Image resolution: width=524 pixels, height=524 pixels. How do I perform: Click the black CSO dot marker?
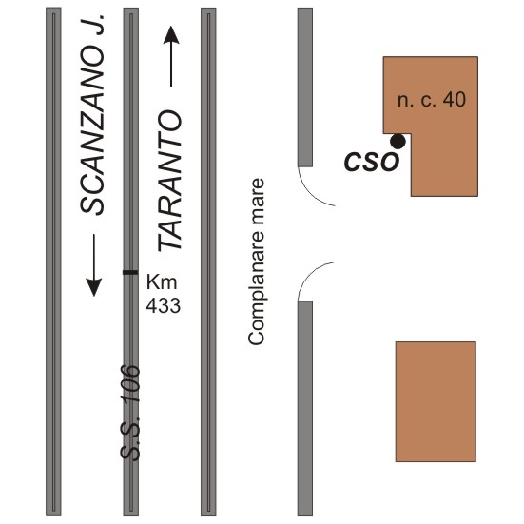(398, 142)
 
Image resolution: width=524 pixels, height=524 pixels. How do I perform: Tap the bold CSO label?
(372, 162)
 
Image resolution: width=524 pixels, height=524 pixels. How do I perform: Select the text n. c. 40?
(432, 99)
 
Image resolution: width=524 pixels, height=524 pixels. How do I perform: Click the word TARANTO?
(170, 181)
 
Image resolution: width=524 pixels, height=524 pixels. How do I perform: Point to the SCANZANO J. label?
(92, 114)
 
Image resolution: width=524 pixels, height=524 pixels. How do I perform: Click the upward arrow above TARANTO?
(171, 56)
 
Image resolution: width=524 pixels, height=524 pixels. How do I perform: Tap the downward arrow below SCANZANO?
(94, 265)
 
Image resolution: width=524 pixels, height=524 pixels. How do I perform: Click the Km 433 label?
(163, 294)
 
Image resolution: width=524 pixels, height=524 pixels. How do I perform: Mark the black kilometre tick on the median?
(130, 272)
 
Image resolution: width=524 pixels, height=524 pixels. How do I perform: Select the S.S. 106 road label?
(130, 413)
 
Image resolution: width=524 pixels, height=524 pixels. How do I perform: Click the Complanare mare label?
(257, 262)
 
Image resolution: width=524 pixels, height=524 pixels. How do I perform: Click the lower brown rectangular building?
(436, 401)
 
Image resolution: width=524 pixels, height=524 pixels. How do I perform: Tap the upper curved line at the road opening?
(310, 193)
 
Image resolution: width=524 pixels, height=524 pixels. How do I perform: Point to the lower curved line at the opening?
(310, 275)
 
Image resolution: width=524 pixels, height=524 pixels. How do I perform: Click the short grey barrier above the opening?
(305, 87)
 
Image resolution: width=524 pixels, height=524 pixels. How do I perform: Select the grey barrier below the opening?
(305, 408)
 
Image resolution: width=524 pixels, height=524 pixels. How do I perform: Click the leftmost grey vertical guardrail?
(53, 262)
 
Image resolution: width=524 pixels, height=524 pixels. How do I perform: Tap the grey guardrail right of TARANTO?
(208, 262)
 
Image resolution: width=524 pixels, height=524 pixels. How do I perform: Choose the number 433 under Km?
(163, 305)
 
